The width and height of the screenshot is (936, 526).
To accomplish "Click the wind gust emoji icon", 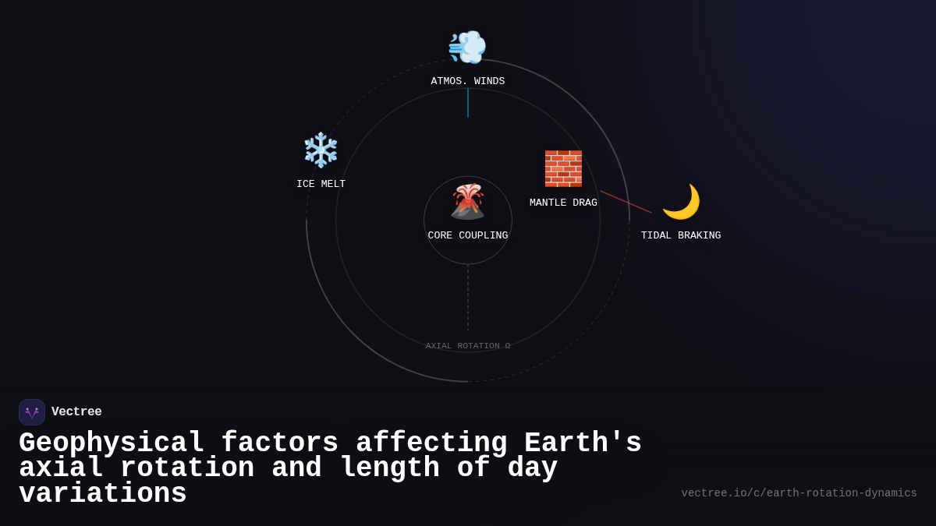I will click(x=467, y=47).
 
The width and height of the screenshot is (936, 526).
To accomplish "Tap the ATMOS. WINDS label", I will click(x=468, y=82).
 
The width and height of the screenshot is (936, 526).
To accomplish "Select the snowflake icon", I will click(x=321, y=150).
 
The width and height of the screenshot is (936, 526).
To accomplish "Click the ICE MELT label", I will click(x=321, y=185).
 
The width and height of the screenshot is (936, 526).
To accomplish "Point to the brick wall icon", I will click(x=563, y=168).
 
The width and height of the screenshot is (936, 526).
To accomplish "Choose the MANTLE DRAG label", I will click(x=563, y=203).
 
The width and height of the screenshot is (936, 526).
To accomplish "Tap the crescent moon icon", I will click(x=681, y=201).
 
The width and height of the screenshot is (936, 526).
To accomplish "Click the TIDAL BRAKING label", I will click(x=681, y=236).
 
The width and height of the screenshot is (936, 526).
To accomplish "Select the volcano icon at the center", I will click(x=468, y=201).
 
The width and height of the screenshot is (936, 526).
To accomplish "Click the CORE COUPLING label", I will click(x=468, y=236).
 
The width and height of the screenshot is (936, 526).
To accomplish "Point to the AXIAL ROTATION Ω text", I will click(x=468, y=346).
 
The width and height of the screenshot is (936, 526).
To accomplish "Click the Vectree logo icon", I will click(x=32, y=412).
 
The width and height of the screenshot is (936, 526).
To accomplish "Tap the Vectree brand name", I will click(x=76, y=412).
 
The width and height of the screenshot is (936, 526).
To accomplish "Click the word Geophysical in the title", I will click(x=112, y=443).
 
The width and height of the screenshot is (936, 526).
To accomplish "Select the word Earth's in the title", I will click(x=583, y=443).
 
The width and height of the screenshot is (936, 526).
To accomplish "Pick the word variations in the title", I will click(x=103, y=494).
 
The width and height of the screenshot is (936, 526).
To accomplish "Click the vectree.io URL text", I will click(x=799, y=493).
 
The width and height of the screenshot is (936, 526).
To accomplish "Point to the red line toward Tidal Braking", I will click(x=626, y=202).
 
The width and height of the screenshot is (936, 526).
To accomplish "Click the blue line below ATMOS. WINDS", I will click(x=468, y=103).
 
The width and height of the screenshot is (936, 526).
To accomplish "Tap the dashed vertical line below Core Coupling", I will click(x=468, y=298).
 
